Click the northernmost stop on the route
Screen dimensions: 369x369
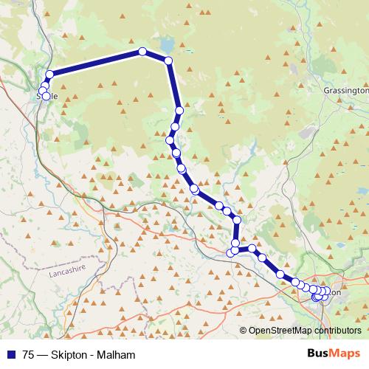coord(142,52)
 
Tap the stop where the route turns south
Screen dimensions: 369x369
coord(168,61)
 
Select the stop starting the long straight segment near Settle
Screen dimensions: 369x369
coord(50,74)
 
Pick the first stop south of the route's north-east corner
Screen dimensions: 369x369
coord(179,109)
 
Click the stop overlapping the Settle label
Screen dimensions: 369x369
coord(46,96)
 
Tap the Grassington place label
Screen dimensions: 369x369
coord(345,90)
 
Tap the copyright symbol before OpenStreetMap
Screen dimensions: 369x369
coord(244,330)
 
